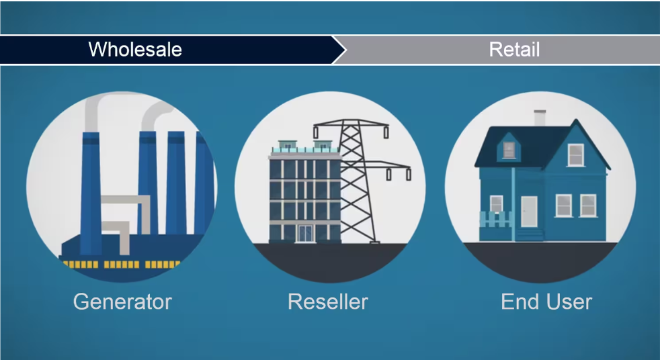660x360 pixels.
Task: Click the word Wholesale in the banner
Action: coord(135,49)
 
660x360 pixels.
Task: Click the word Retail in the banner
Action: coord(514,49)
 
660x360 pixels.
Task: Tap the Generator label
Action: coord(122,302)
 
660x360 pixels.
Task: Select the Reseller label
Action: coord(328,302)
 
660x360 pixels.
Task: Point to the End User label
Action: coord(546,302)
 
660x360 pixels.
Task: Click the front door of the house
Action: coord(529,212)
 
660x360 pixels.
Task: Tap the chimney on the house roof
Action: coord(540,118)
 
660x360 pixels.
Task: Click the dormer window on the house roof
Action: coord(509,150)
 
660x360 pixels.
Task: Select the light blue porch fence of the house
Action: coord(496,219)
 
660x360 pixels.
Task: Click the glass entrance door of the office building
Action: coord(306,234)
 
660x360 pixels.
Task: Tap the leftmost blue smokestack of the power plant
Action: coord(91,193)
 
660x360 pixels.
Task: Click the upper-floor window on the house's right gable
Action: coord(575,154)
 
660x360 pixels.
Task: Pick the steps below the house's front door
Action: coord(530,234)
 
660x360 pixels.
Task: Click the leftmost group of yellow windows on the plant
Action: coord(81,265)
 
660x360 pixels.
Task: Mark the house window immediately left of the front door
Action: coord(496,204)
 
